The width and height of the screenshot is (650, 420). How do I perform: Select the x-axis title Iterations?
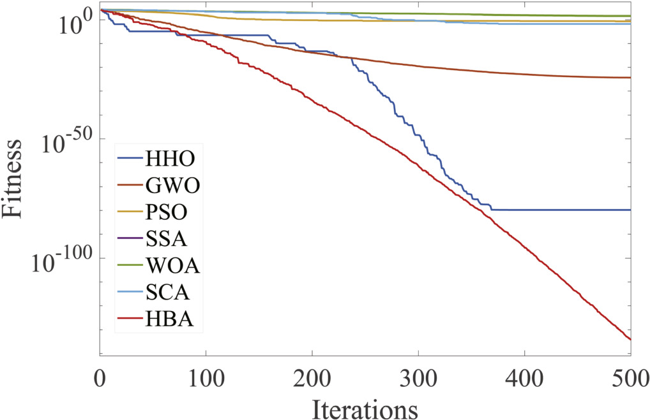click(365, 405)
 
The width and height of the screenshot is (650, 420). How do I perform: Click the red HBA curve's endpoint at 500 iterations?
click(630, 339)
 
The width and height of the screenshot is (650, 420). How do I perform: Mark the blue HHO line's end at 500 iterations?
click(630, 210)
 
